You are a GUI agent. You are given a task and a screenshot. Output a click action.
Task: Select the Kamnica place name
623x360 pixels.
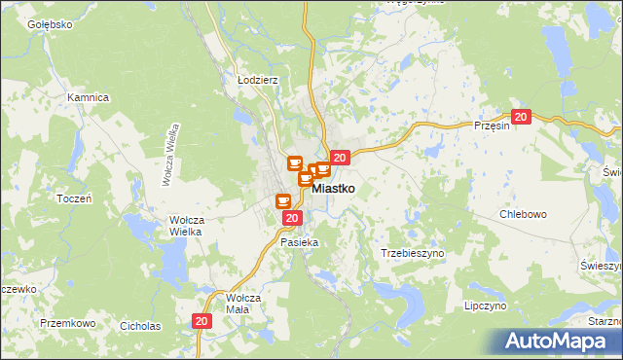pyautogui.click(x=88, y=98)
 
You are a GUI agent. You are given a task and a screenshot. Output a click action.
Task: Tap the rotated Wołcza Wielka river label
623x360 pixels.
pyautogui.click(x=168, y=155)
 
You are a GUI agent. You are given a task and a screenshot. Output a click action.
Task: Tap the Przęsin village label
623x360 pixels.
pyautogui.click(x=492, y=126)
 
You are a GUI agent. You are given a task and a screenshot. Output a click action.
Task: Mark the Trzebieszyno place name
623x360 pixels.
pyautogui.click(x=412, y=252)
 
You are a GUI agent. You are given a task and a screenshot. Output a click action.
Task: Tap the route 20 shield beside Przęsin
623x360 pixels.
pyautogui.click(x=521, y=118)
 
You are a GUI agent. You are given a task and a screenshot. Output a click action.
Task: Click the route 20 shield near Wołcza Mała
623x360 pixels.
pyautogui.click(x=202, y=321)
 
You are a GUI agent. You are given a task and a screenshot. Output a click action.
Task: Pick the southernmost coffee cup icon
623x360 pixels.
pyautogui.click(x=283, y=201)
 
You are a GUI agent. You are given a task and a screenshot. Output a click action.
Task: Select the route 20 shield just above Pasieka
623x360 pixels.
pyautogui.click(x=291, y=219)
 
